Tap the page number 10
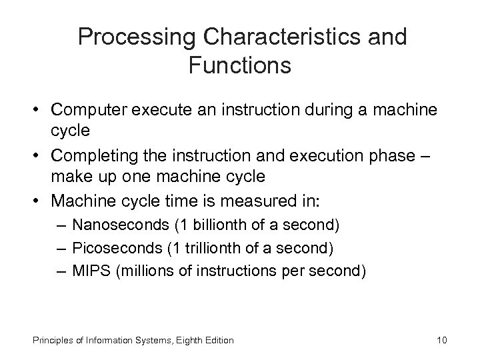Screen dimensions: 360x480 click(441, 340)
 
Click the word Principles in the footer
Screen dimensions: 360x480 click(51, 340)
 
